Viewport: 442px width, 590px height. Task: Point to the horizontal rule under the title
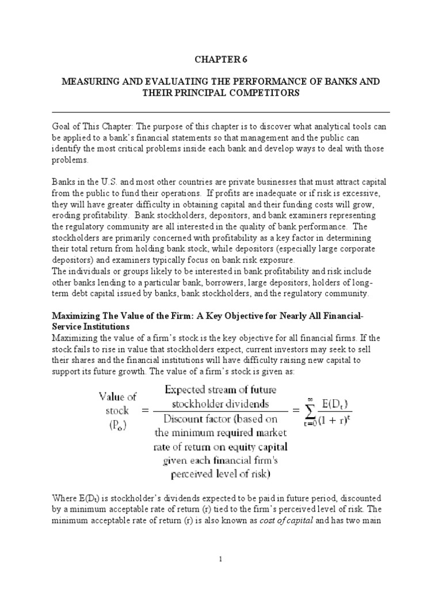(x=221, y=112)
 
